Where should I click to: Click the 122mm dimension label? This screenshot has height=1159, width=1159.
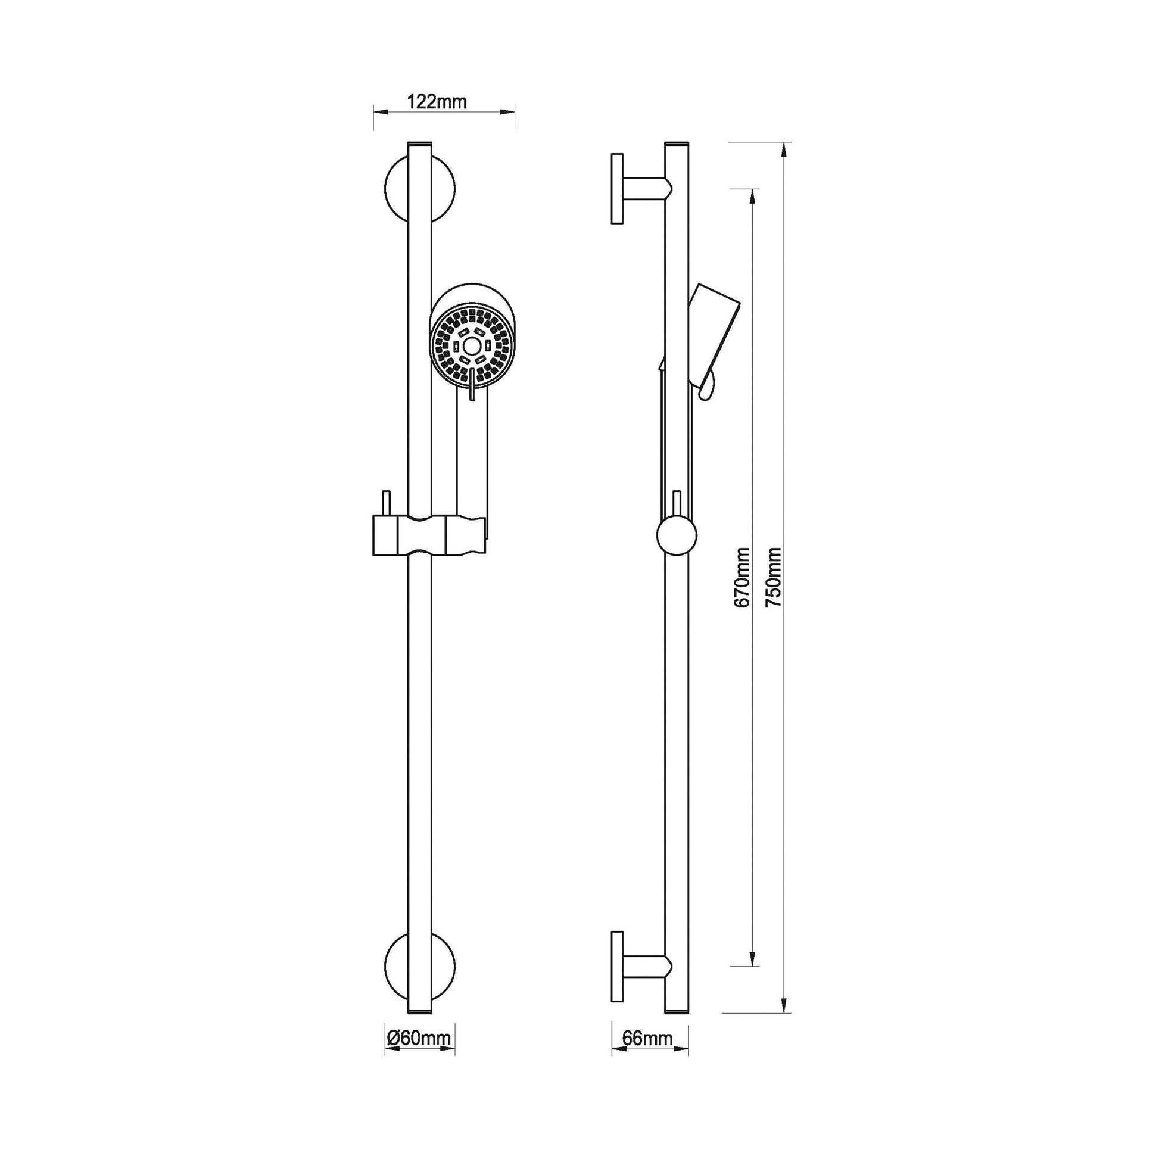pos(437,102)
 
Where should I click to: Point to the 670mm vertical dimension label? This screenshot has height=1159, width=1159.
pos(742,577)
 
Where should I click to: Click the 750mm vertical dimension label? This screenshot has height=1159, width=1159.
pos(774,577)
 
